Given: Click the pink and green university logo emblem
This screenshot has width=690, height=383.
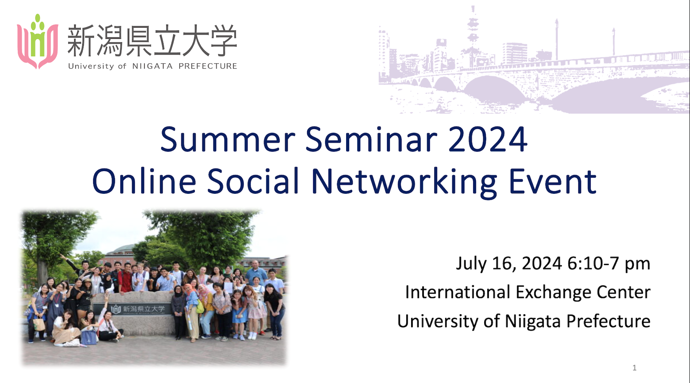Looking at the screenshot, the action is point(37,42).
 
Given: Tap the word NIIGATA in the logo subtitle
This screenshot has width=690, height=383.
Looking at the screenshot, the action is point(152,66).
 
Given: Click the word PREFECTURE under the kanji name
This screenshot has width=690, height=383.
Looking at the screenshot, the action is point(208,66).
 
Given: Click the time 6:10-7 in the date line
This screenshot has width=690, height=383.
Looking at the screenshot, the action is point(593,263).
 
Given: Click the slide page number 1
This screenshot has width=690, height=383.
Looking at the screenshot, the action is point(634,368).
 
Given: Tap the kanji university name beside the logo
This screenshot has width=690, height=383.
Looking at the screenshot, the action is point(152,41).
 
